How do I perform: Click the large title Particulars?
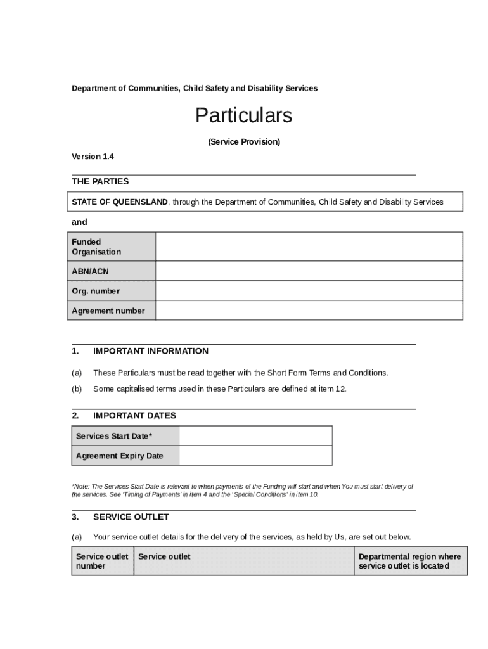243,116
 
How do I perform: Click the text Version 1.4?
93,157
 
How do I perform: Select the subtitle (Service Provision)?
244,142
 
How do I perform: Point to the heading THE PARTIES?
100,182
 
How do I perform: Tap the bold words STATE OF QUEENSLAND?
120,202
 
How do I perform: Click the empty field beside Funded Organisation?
309,247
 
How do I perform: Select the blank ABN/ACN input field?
309,271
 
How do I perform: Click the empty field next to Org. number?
309,291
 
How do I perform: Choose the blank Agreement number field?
309,311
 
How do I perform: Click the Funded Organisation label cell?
112,247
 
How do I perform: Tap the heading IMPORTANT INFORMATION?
150,351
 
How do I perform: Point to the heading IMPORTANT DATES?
134,416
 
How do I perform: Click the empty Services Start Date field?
255,436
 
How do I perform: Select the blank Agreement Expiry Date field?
255,456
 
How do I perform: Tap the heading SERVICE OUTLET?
131,517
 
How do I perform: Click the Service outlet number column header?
102,561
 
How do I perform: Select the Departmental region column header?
410,561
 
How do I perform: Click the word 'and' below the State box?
79,222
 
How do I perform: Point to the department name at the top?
195,88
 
